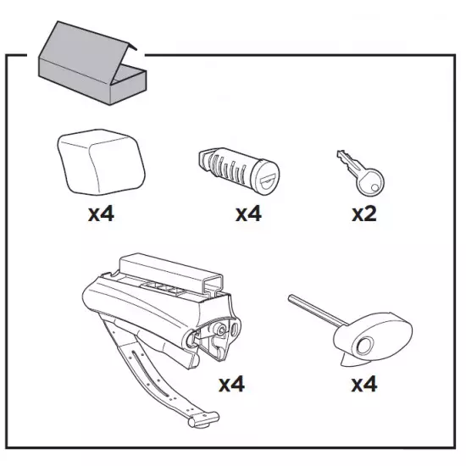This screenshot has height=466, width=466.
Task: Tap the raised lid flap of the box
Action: (x=86, y=51)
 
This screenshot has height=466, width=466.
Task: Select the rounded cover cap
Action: (x=101, y=162)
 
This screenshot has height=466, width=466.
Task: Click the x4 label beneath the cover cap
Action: (x=101, y=214)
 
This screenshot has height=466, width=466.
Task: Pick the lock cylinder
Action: (x=239, y=171)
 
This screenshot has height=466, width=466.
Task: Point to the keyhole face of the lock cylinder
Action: (x=265, y=177)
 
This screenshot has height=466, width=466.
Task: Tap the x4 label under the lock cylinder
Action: (x=248, y=214)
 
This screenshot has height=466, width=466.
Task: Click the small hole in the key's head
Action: (x=375, y=187)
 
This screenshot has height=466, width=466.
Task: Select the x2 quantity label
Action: (x=364, y=214)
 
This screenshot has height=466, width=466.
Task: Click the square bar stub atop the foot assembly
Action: (x=171, y=272)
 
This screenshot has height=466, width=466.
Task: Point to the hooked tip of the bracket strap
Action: (x=204, y=419)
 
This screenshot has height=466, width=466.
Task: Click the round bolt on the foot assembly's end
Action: (x=220, y=330)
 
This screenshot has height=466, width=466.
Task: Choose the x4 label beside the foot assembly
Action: (x=232, y=385)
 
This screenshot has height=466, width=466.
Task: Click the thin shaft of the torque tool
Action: (x=318, y=310)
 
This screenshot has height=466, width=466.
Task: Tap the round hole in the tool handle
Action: (x=364, y=346)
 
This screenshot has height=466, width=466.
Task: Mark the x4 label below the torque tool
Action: (x=364, y=385)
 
